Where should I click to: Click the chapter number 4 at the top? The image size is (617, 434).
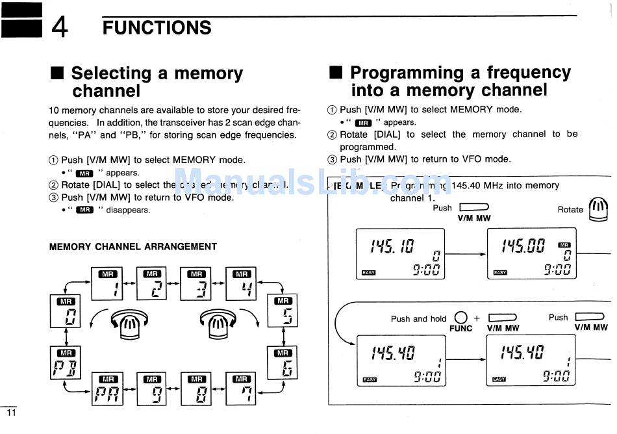[59, 28]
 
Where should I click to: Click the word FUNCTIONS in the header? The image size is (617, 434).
[157, 28]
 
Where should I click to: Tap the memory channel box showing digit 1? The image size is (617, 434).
[108, 283]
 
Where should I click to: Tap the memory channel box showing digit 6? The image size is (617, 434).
[283, 362]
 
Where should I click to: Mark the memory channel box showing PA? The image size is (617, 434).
[108, 389]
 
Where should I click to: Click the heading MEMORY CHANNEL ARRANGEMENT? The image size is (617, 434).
[133, 247]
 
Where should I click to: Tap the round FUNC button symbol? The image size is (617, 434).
[460, 318]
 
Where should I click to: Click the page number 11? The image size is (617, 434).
[10, 413]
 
